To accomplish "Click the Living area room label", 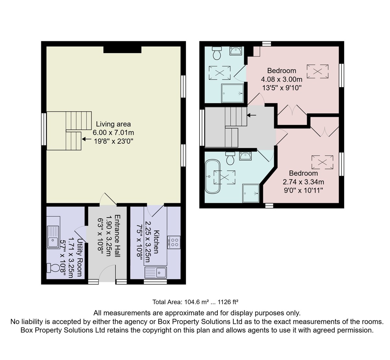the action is pos(113,124).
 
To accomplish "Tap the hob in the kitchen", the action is pos(174,242).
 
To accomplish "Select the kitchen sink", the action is pos(156,273).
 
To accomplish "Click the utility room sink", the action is pos(53,237).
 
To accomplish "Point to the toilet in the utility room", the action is pos(53,268).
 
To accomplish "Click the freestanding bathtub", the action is pos(212,177).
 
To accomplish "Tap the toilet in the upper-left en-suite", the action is pos(217,53).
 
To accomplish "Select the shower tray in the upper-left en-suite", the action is pos(232,93).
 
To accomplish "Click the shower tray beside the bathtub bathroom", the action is pos(251,193).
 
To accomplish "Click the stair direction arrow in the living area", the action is pos(86,139).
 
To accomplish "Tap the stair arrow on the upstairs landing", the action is pos(251,115).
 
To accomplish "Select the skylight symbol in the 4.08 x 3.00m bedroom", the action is pos(318,71).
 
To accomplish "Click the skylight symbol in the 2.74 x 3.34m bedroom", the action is pos(322,162).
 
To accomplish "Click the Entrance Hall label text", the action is pos(117,236).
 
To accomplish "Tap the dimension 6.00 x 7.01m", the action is pos(113,133).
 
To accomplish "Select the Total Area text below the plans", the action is pos(195,302).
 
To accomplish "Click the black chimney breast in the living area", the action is pos(122,50).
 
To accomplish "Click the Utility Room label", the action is pos(80,258).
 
